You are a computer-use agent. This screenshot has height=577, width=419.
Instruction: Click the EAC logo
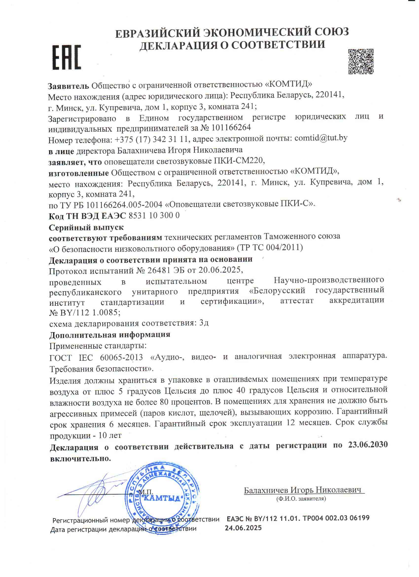67,57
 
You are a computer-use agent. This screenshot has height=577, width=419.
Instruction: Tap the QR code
361,61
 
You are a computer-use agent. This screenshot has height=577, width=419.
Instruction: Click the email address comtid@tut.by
321,138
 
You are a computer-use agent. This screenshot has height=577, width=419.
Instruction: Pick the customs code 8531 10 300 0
154,216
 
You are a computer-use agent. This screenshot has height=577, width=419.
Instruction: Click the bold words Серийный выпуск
86,227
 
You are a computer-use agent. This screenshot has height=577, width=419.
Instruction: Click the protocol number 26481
159,270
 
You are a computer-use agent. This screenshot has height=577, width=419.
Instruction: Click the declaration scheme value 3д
204,323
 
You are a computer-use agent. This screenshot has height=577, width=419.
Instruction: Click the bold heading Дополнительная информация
110,335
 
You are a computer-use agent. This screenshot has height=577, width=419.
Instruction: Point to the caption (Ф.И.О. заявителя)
301,499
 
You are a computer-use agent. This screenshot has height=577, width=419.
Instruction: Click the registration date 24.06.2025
243,528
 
